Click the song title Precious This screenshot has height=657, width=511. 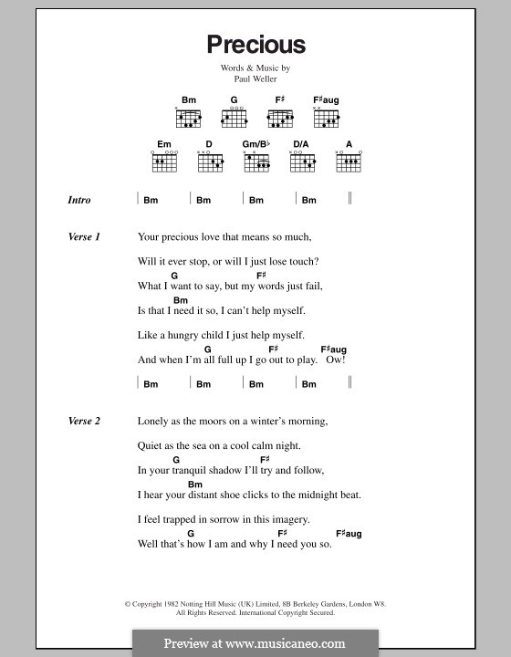pos(255,44)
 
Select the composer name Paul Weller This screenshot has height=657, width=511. pos(255,79)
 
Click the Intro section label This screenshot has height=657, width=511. pos(79,200)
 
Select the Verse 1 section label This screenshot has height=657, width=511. pos(84,237)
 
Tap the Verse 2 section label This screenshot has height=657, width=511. pos(84,422)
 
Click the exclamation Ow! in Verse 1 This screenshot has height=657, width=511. pos(337,360)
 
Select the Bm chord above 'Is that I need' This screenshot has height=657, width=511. pos(181,300)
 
